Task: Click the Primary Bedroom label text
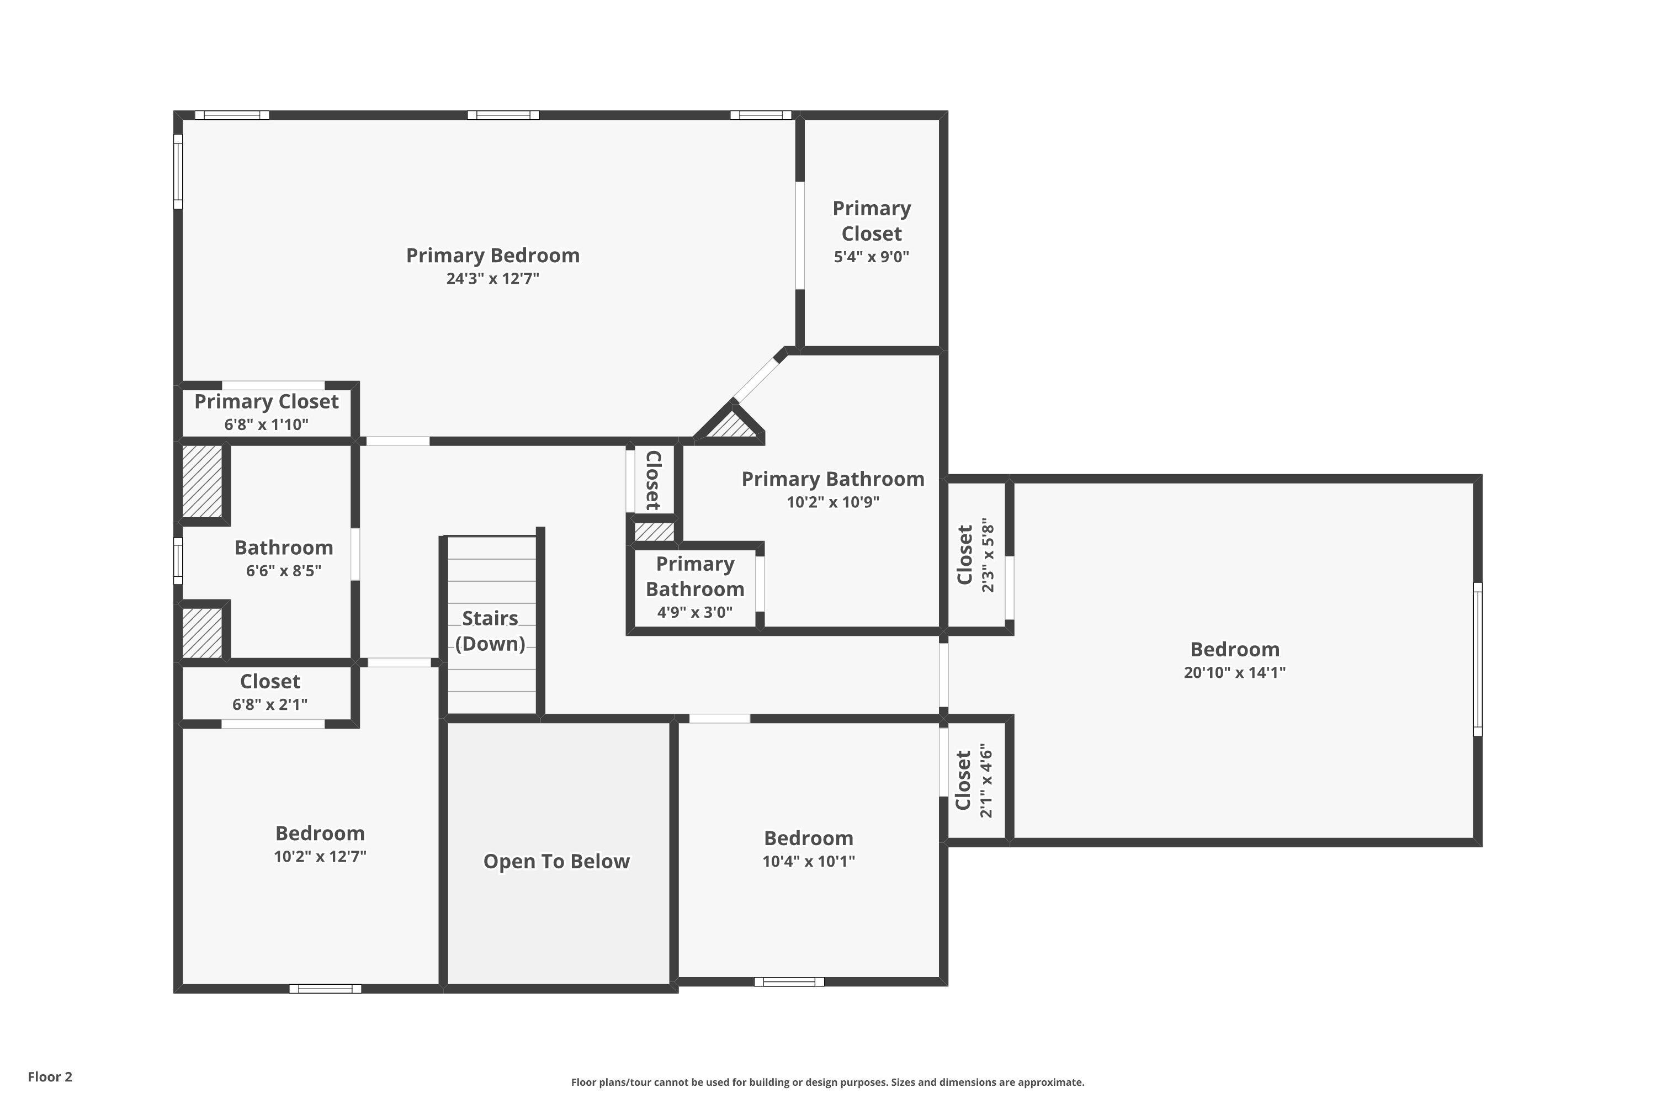(493, 256)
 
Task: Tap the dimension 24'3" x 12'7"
(493, 279)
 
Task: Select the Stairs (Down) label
(490, 631)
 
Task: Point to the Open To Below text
(556, 861)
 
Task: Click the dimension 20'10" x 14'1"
(1234, 672)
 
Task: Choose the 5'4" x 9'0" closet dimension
(872, 257)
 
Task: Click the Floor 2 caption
(50, 1076)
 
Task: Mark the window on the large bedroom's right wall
(1478, 659)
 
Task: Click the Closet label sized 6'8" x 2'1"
(270, 682)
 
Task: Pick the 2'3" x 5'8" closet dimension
(988, 555)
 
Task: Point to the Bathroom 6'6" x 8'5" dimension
(284, 571)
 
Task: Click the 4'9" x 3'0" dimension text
(695, 613)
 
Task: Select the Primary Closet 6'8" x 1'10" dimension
(266, 424)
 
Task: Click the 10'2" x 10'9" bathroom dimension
(833, 502)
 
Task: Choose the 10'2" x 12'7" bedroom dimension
(320, 857)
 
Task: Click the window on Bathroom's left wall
(178, 561)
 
